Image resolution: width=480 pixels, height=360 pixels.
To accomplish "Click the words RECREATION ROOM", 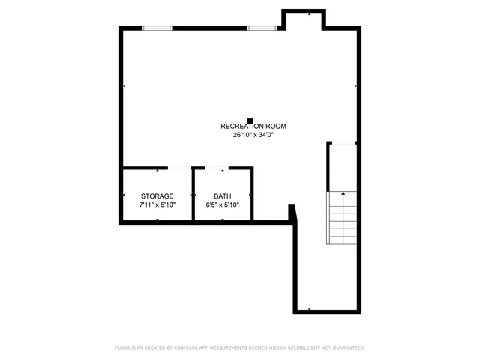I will [x=253, y=127].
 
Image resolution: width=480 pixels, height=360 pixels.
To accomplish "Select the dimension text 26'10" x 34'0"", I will [x=253, y=136].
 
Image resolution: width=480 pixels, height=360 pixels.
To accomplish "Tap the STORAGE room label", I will [x=157, y=196].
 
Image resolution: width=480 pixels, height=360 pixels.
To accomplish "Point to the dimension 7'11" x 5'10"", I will [x=157, y=205].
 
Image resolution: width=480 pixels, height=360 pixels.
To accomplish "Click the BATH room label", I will [x=222, y=196].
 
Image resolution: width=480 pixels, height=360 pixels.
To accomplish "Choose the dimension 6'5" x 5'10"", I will [x=222, y=205].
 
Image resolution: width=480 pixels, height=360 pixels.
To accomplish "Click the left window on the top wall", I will [x=157, y=28].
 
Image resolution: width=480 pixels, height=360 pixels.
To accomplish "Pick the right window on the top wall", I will [x=262, y=28].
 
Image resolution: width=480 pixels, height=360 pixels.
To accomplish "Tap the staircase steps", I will [x=341, y=217].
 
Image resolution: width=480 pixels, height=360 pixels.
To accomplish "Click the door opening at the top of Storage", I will [x=178, y=168].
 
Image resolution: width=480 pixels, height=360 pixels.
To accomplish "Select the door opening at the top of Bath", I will [x=217, y=168].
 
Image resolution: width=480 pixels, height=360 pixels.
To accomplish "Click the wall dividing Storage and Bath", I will [x=193, y=195].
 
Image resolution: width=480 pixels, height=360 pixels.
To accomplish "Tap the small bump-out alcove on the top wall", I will [x=303, y=19].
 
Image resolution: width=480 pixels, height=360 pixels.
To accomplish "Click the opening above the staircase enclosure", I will [x=343, y=142].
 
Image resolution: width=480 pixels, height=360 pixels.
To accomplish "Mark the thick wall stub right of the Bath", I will [x=292, y=214].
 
